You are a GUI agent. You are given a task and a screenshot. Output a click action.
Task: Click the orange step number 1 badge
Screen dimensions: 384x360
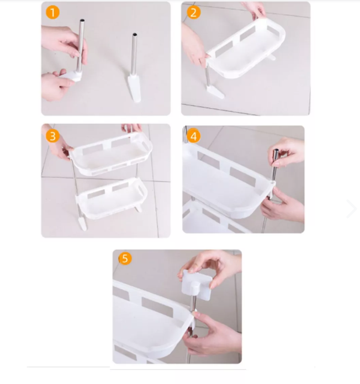[52, 12]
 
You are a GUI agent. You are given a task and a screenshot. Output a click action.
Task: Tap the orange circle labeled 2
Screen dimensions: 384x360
[193, 12]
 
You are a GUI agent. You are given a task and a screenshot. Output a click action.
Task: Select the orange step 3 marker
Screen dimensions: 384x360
[52, 135]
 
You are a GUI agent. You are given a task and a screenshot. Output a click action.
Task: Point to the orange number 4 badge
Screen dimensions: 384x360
[193, 135]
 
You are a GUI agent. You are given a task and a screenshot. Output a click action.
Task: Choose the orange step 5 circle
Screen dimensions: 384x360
[125, 258]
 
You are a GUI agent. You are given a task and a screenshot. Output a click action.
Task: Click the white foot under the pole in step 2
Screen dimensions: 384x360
[215, 91]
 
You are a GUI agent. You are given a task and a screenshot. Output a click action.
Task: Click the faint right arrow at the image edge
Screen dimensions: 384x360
[351, 209]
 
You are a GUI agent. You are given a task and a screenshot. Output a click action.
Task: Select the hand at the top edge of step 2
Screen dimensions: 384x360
[256, 8]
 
